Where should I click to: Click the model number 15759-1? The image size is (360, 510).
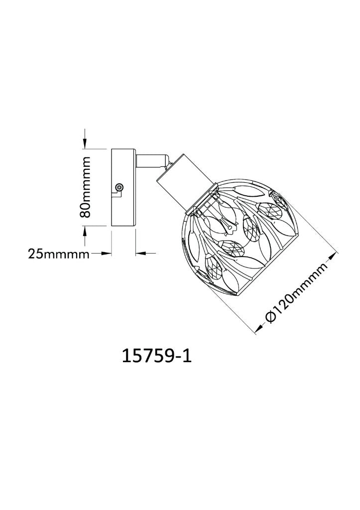[157, 356]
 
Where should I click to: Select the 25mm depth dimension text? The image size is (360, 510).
[59, 253]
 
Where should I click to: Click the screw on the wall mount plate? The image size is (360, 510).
[120, 187]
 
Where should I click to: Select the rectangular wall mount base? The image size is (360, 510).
[123, 187]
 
